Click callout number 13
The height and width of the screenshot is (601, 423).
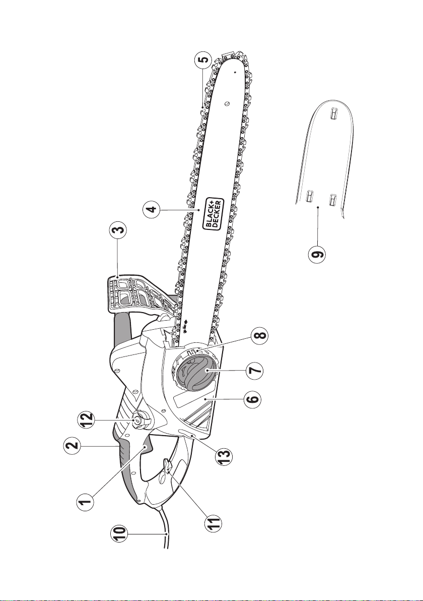[x=225, y=453]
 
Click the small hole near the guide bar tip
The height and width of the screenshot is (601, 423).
[x=235, y=72]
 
